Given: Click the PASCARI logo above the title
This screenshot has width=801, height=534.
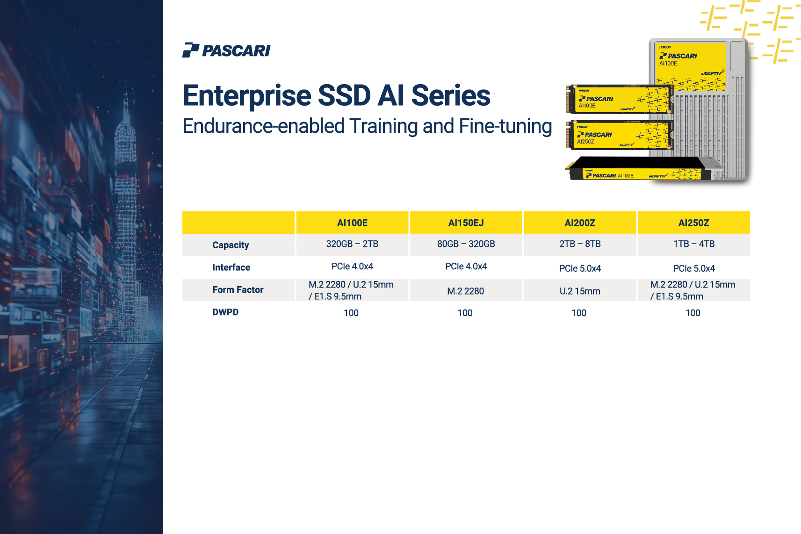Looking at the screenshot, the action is [226, 50].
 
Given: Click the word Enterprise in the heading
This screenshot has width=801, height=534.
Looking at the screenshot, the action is [247, 96].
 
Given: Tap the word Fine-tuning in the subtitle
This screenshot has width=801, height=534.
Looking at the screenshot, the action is [505, 127].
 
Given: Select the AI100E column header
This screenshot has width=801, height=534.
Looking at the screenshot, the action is [352, 223].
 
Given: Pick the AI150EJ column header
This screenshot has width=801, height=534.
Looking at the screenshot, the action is [466, 223].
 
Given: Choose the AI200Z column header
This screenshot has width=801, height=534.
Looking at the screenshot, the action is [580, 223].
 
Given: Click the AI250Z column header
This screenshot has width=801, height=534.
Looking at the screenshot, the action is [694, 223].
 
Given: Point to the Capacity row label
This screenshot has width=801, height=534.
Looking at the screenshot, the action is [231, 245].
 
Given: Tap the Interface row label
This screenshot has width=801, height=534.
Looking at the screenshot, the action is [231, 267].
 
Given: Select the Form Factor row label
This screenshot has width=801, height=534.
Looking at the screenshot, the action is [238, 289].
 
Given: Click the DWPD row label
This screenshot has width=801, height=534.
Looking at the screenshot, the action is [225, 312].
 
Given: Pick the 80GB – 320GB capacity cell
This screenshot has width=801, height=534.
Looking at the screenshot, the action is [466, 244].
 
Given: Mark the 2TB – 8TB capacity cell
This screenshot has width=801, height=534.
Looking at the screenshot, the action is [580, 244].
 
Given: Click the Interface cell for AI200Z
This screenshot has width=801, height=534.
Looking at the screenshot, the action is [580, 268].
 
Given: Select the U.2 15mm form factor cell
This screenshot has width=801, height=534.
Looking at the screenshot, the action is [580, 291].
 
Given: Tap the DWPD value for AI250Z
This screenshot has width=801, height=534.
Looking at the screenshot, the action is [693, 313].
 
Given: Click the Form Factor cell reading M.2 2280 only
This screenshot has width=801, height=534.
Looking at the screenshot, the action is [466, 291].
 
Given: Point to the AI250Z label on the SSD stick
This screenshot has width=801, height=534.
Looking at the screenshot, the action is [585, 142].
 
